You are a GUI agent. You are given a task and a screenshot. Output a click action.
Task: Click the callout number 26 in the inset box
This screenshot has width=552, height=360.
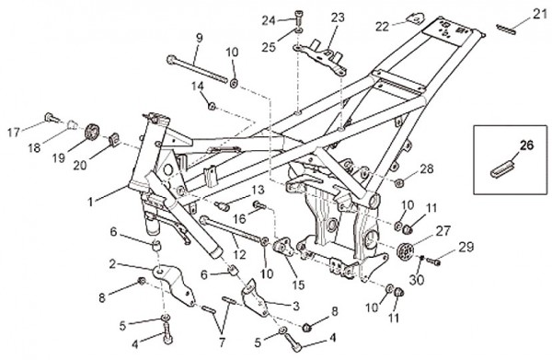tap(526, 145)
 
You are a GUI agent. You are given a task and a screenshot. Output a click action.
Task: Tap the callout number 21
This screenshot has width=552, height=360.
tap(539, 14)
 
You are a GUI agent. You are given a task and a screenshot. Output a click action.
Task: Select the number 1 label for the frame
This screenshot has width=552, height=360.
tap(91, 202)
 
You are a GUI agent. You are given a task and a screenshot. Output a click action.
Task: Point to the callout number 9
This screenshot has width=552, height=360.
tap(200, 38)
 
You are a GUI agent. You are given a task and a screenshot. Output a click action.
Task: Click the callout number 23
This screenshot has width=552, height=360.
tap(338, 17)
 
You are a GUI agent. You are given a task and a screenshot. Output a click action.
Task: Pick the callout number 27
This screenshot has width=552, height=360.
tap(443, 231)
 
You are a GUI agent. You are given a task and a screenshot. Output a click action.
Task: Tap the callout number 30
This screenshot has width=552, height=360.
tap(417, 280)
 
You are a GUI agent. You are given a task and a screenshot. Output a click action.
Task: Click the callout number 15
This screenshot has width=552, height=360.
tap(298, 285)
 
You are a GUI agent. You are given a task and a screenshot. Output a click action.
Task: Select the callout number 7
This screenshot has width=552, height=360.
tap(222, 343)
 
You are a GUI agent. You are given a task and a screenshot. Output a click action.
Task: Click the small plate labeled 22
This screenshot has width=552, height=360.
tap(416, 18)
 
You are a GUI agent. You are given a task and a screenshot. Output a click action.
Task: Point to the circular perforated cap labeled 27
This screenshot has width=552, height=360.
tap(406, 250)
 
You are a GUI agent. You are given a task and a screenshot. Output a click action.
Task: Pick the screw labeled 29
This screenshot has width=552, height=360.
tap(433, 261)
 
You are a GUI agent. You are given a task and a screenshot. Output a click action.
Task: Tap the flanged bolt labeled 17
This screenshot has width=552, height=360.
tap(52, 117)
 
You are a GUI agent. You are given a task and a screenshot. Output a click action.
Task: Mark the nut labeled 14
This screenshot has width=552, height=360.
tap(212, 105)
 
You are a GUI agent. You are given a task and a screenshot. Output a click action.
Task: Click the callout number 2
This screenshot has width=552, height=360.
tap(112, 264)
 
